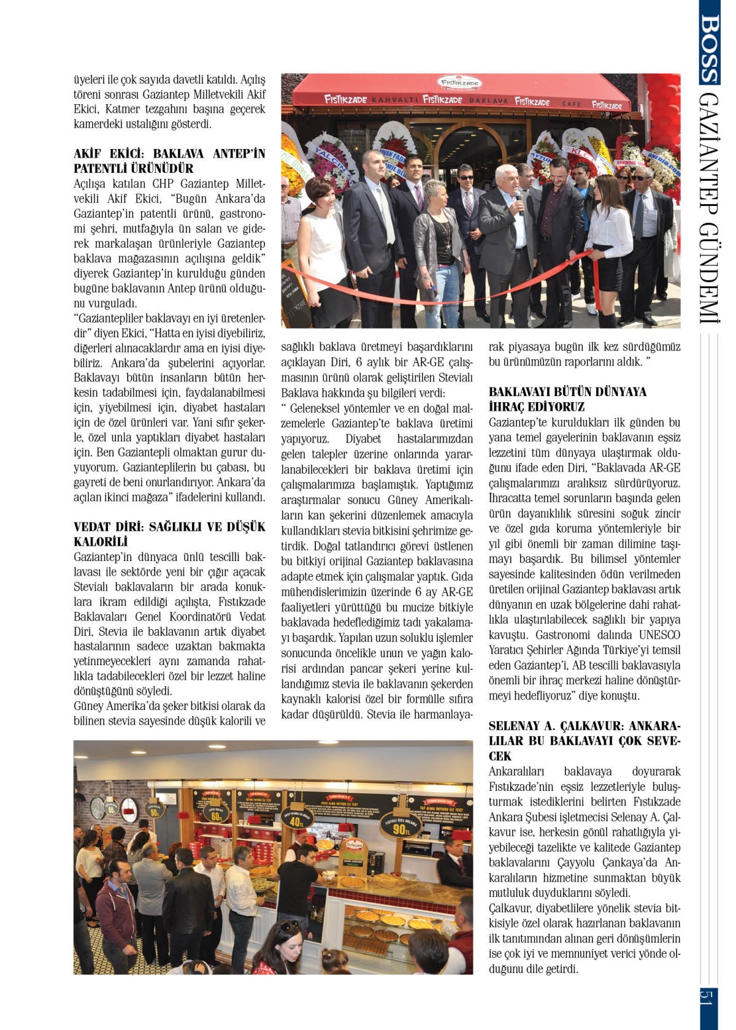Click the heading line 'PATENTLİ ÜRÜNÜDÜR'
click(134, 169)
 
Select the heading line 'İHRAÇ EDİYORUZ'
click(537, 407)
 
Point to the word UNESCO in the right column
click(659, 635)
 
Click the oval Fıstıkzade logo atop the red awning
click(460, 83)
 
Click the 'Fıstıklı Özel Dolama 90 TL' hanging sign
click(400, 825)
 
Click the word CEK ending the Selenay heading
click(500, 756)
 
